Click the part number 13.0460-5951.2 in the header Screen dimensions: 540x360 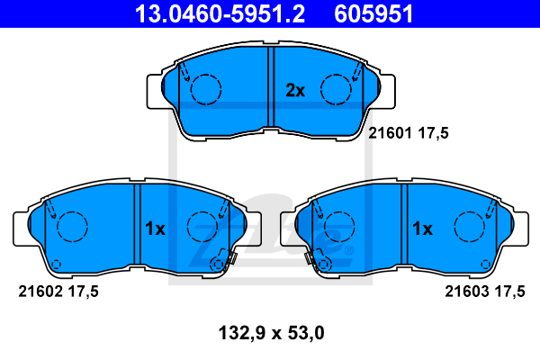click(220, 13)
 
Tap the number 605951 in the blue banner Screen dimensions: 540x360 click(373, 13)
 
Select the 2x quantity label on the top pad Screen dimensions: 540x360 click(295, 91)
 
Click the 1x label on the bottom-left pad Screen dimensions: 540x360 click(155, 229)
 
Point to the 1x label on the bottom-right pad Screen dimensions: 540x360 click(423, 229)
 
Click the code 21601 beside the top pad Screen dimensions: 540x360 click(390, 133)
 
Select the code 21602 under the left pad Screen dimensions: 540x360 click(40, 292)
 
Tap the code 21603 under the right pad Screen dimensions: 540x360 click(466, 292)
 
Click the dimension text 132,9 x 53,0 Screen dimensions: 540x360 click(272, 333)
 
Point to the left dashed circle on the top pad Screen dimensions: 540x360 click(206, 75)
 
